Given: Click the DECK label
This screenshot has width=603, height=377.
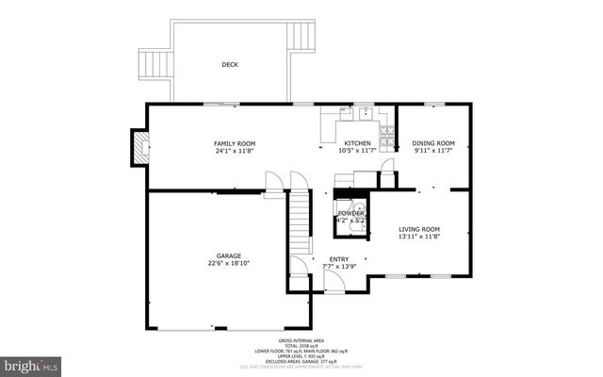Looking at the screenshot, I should point(230,65).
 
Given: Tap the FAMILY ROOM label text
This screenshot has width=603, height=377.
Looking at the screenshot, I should point(234,143).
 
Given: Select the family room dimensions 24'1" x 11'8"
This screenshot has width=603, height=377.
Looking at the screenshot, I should point(234,151).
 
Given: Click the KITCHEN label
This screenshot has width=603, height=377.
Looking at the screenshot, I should point(357,143).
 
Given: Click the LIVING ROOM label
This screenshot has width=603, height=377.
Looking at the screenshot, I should point(419,229).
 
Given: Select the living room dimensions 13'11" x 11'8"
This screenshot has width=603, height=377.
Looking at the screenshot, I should point(419,237).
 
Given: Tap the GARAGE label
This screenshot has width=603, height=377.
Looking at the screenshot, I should point(229,255).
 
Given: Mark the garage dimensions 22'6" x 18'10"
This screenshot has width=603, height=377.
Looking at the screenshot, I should point(229,263).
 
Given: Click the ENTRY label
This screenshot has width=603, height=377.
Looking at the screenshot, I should point(339,259).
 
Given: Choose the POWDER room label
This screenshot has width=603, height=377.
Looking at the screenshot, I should point(350,214).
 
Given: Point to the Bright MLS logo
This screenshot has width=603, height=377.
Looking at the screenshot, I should point(31,363).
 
